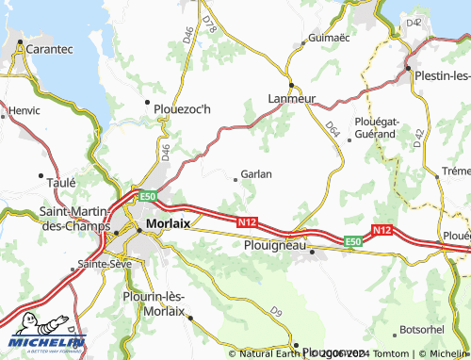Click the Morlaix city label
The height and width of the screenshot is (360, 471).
click(169, 223)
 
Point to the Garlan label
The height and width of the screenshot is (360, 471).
click(256, 174)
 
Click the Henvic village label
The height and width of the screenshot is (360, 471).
click(24, 110)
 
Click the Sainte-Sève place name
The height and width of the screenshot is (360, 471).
click(104, 264)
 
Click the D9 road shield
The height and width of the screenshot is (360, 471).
click(276, 311)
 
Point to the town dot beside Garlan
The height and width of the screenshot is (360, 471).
click(235, 175)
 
